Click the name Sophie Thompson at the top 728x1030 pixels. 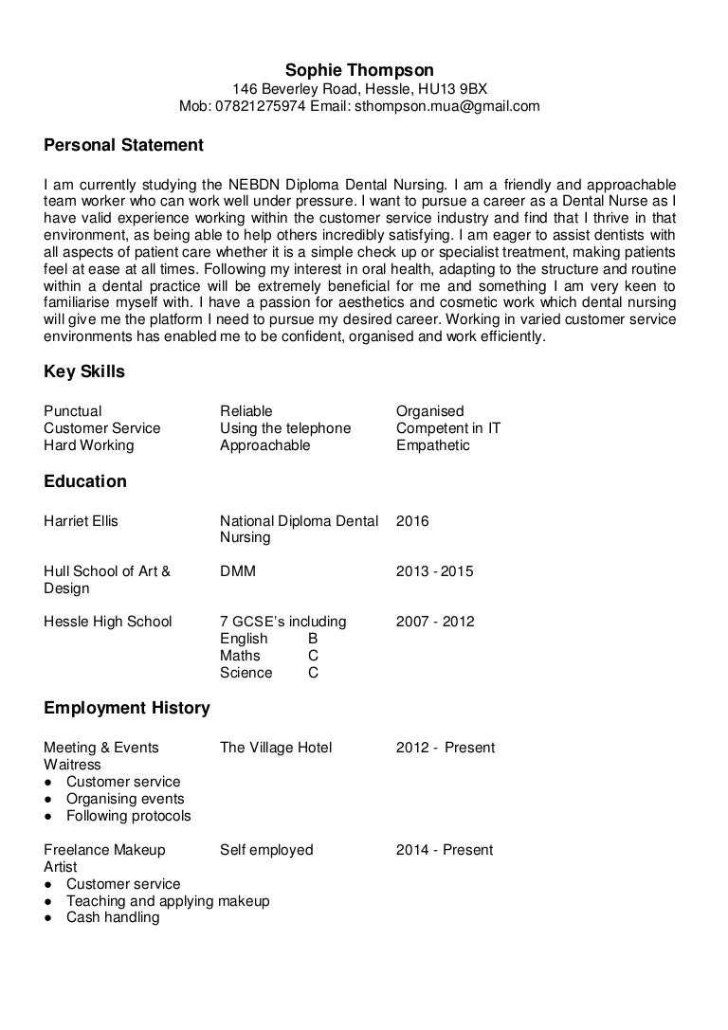coord(359,70)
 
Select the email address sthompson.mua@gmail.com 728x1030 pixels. coord(447,106)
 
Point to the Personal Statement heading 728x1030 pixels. coord(123,146)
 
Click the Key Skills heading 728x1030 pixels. coord(84,372)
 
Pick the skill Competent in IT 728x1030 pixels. coord(447,428)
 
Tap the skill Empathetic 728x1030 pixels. coord(432,445)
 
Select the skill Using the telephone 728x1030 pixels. coord(285,428)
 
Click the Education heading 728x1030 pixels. coord(85,481)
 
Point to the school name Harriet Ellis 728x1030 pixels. coord(82,520)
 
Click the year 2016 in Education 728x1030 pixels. coord(412,520)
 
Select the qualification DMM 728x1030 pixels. coord(238,571)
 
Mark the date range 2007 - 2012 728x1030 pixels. coord(434,622)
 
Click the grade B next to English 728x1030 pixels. coord(314,639)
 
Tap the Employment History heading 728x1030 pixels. coord(127,709)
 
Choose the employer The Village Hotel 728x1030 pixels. coord(276,748)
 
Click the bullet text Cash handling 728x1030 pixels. coord(113,917)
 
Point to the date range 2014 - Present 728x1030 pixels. coord(445,850)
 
